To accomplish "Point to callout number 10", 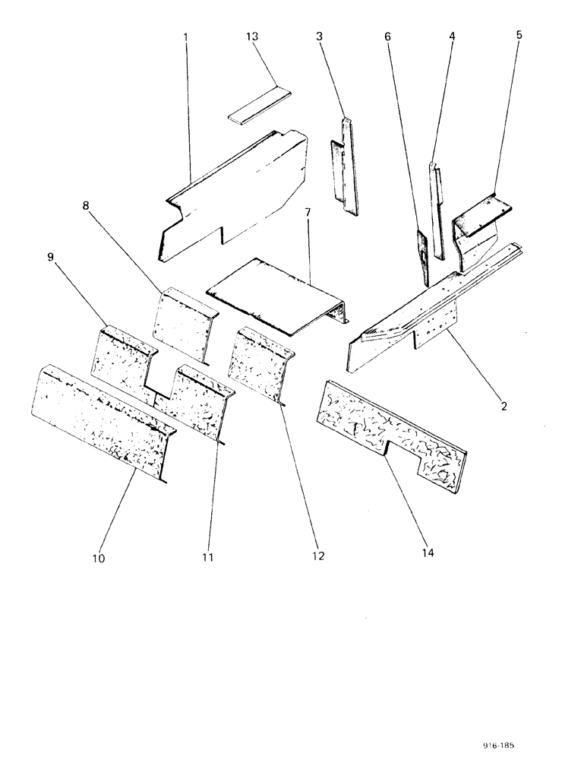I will click(x=99, y=559).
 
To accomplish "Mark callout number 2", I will click(x=504, y=406).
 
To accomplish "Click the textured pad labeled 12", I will click(x=258, y=361).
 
